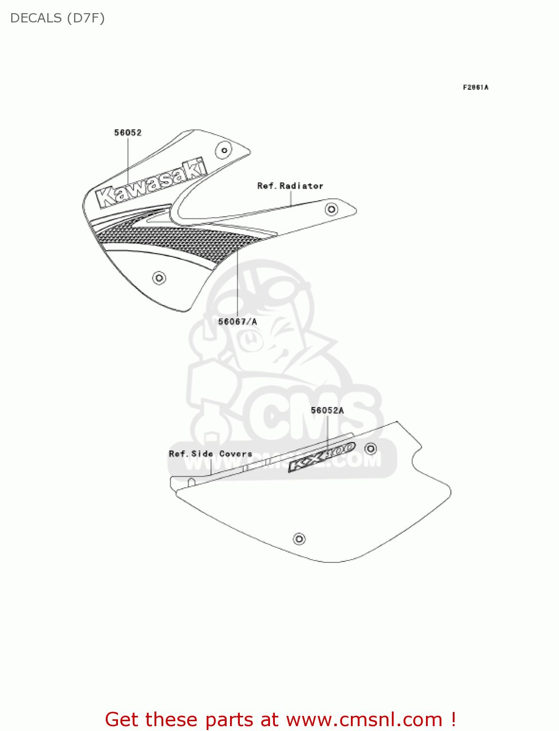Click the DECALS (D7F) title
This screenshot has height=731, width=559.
58,18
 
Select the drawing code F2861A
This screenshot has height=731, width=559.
475,87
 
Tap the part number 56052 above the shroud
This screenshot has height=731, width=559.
128,133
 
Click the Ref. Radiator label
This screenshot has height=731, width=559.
290,186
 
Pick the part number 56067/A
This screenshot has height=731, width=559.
237,322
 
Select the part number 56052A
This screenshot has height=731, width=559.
327,410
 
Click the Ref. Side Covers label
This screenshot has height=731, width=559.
211,454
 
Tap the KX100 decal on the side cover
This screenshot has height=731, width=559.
322,457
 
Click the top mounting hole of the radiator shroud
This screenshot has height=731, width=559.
224,150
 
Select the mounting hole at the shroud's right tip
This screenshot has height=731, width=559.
331,210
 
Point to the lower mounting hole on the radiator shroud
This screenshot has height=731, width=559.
159,278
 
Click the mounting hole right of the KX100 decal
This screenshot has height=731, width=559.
371,448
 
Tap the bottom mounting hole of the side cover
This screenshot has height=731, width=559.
299,539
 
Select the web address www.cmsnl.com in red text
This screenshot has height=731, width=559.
364,719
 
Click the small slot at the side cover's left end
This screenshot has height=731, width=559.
192,482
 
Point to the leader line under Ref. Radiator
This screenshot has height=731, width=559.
291,198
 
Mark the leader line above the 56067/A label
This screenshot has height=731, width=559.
237,283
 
